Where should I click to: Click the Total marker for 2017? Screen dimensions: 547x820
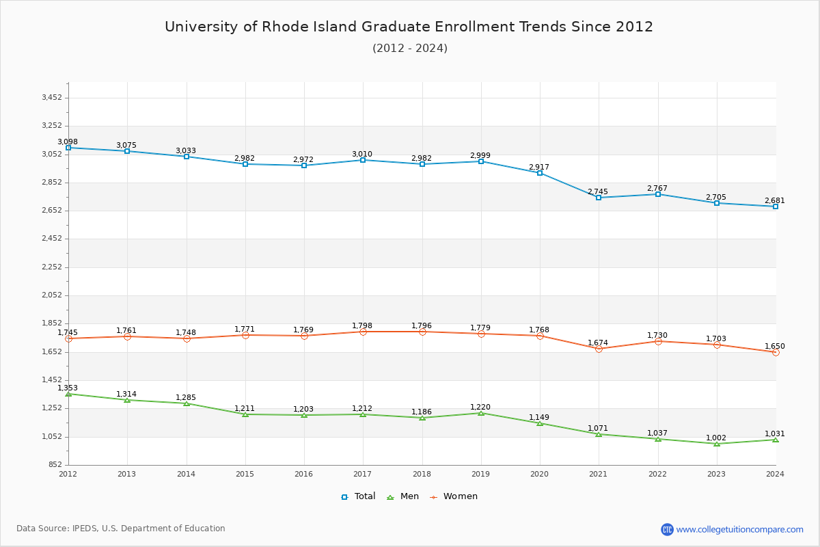[363, 160]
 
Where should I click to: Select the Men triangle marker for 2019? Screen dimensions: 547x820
[481, 413]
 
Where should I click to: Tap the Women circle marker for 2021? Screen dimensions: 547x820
[599, 349]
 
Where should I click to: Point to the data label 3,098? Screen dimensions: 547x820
[68, 142]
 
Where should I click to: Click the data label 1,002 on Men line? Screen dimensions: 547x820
[716, 438]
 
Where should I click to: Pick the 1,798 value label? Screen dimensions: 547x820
[362, 325]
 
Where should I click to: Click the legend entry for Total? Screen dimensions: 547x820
[358, 496]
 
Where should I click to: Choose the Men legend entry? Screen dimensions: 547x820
[404, 496]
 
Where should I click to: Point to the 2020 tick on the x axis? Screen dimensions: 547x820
[539, 474]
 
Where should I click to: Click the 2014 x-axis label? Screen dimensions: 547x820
[186, 474]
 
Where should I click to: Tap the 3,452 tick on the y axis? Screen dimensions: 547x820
[52, 98]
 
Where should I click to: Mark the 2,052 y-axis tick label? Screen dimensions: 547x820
[52, 295]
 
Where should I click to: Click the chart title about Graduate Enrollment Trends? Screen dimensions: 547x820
[409, 27]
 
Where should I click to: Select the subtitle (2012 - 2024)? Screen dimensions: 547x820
[409, 48]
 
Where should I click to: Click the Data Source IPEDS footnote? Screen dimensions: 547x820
[121, 529]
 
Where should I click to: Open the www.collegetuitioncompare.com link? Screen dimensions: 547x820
[739, 529]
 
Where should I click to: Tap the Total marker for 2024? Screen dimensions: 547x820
[776, 206]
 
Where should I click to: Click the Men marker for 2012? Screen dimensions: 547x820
[68, 394]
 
